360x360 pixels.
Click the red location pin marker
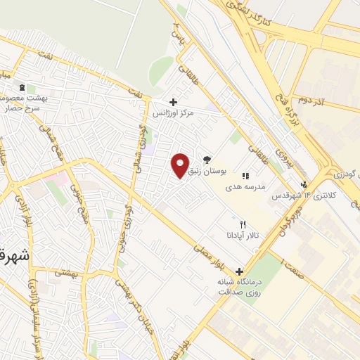coord(181,165)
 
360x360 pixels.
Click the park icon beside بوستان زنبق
coord(207,160)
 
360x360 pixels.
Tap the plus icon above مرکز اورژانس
coord(174,102)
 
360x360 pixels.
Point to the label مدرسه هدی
coord(244,188)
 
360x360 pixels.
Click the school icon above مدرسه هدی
coord(245,176)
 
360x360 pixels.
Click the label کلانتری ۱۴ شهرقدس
coord(290,195)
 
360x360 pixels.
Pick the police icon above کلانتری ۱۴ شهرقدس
coord(304,186)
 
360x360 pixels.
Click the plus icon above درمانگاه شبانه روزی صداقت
coord(239,271)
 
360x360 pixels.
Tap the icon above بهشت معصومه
coord(22,87)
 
